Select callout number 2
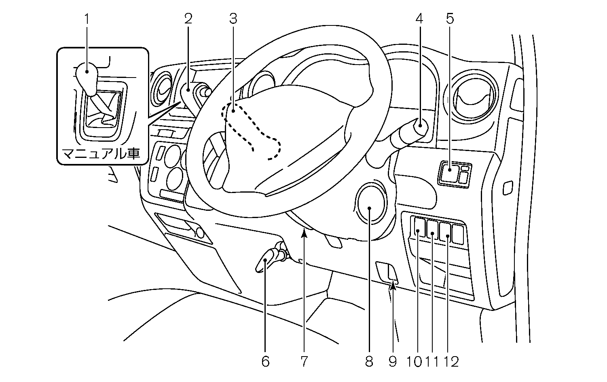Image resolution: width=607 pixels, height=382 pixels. coord(188,19)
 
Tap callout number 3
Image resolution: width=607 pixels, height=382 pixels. coord(233,19)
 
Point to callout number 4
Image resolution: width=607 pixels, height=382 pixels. coord(419,19)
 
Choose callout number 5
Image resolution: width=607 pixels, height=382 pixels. coord(450,19)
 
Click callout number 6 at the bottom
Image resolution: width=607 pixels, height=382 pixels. coord(265,361)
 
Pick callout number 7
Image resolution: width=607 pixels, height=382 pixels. coord(304,361)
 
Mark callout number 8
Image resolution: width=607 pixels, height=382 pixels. coord(369,361)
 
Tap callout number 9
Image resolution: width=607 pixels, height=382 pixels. coord(393,361)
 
